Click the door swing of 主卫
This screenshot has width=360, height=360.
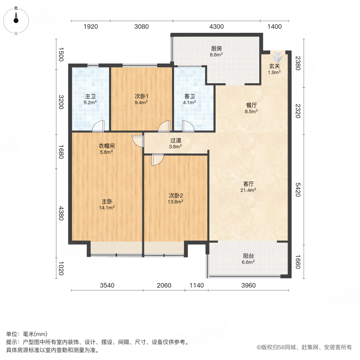pos(98,126)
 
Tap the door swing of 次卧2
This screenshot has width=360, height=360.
pos(157,160)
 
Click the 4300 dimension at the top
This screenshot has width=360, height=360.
pos(216,27)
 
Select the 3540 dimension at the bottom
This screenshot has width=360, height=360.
pos(106,286)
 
